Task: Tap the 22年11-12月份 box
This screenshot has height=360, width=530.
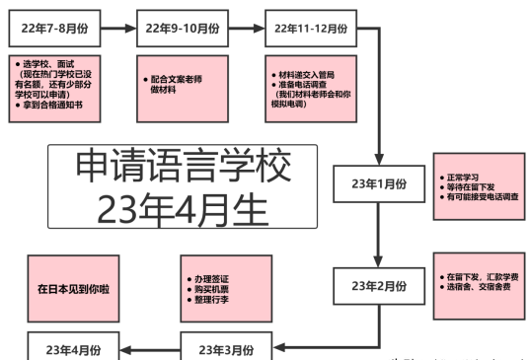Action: [311, 28]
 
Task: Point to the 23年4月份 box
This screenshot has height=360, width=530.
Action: [72, 349]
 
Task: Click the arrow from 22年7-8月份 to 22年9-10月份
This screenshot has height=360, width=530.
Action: [119, 28]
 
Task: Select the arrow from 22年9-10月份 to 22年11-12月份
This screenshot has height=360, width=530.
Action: [248, 28]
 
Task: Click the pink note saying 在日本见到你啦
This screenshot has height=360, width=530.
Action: [68, 290]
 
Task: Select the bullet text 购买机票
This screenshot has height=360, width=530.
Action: [211, 289]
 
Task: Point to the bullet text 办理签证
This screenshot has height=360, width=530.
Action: [211, 279]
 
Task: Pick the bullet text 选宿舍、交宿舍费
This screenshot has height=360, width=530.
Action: [479, 286]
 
